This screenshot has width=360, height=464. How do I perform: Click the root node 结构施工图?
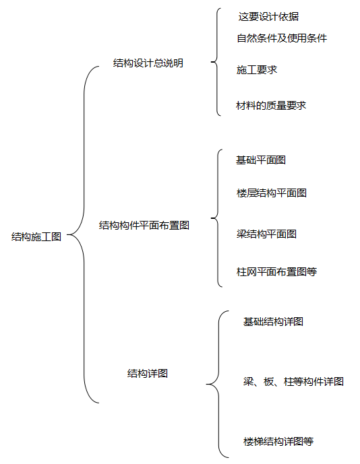pyautogui.click(x=36, y=237)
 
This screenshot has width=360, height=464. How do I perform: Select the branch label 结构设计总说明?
pyautogui.click(x=148, y=63)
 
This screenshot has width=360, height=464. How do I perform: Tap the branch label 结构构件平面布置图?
pyautogui.click(x=144, y=226)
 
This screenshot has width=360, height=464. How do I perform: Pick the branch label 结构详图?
pyautogui.click(x=148, y=373)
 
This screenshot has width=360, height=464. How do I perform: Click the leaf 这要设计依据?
pyautogui.click(x=268, y=16)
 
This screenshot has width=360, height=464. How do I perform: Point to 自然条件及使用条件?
pyautogui.click(x=282, y=38)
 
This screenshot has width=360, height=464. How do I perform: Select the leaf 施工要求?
pyautogui.click(x=257, y=69)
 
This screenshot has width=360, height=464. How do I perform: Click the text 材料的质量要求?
pyautogui.click(x=271, y=106)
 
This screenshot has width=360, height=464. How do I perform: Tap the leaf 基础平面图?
pyautogui.click(x=261, y=160)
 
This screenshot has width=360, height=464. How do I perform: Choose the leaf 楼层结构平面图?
pyautogui.click(x=272, y=193)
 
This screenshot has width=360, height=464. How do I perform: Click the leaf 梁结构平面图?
pyautogui.click(x=266, y=234)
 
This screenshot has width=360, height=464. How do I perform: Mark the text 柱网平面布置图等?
pyautogui.click(x=276, y=272)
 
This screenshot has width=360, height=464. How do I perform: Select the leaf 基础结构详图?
pyautogui.click(x=273, y=322)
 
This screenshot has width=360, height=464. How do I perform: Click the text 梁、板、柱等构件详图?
pyautogui.click(x=293, y=382)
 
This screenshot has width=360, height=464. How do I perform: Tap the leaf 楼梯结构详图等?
pyautogui.click(x=278, y=442)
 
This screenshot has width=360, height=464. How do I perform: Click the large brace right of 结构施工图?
pyautogui.click(x=84, y=235)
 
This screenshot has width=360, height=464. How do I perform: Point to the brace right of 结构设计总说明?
pyautogui.click(x=216, y=63)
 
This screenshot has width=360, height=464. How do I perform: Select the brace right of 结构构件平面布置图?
pyautogui.click(x=216, y=218)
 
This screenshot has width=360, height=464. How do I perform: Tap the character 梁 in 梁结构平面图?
pyautogui.click(x=241, y=234)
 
